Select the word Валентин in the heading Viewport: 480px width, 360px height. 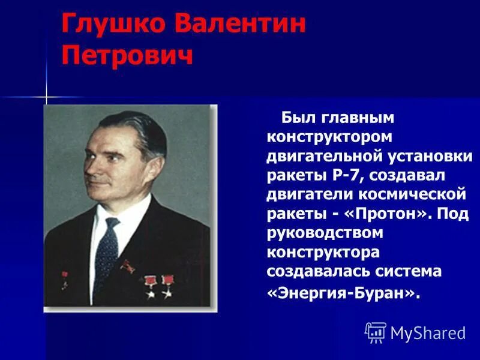coord(239,25)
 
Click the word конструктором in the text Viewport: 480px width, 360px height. coord(330,137)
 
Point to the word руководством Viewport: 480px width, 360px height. coord(325,233)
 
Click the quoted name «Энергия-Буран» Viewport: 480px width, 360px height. coord(341,292)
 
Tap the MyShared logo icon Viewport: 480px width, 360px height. coord(376,332)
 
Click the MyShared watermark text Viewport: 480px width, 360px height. coord(428,333)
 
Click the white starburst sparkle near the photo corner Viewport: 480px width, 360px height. coord(46,97)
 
